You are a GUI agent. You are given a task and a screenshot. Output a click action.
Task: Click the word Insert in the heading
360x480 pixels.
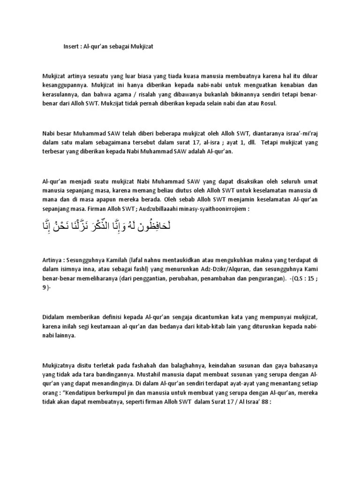pyautogui.click(x=71, y=47)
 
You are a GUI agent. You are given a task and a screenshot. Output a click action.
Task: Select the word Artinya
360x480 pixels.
pyautogui.click(x=52, y=260)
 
